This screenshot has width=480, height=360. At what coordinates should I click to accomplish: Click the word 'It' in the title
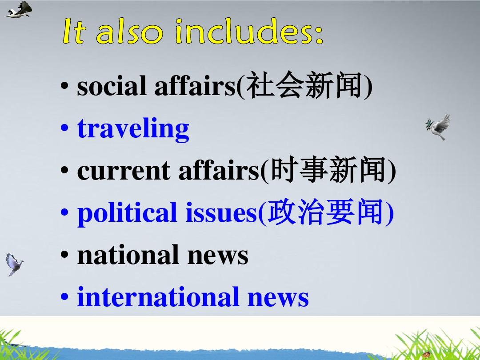point(74,32)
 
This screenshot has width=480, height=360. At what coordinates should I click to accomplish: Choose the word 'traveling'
point(133,129)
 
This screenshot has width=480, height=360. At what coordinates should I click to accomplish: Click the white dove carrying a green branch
point(438,126)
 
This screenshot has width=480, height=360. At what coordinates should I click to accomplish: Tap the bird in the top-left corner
point(19,9)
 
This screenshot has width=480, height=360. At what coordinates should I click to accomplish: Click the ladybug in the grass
point(427,354)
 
